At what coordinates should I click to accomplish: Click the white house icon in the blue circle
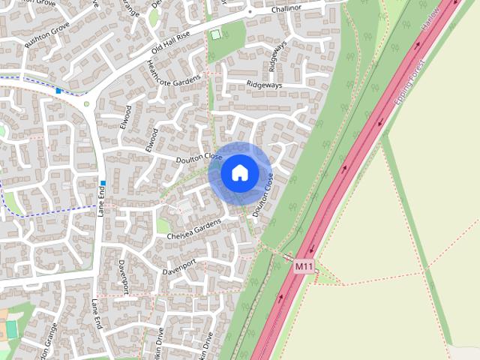pos(239,173)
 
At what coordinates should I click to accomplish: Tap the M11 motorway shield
pos(304,266)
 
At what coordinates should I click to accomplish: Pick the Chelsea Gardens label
pos(194,230)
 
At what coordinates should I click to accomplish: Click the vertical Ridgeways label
pos(277,55)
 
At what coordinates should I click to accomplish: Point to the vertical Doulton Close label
pos(262,196)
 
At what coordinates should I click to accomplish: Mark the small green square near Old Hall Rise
pos(216,34)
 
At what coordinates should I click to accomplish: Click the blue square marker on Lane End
pos(103,182)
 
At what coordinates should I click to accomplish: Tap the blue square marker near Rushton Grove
pos(58,91)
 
